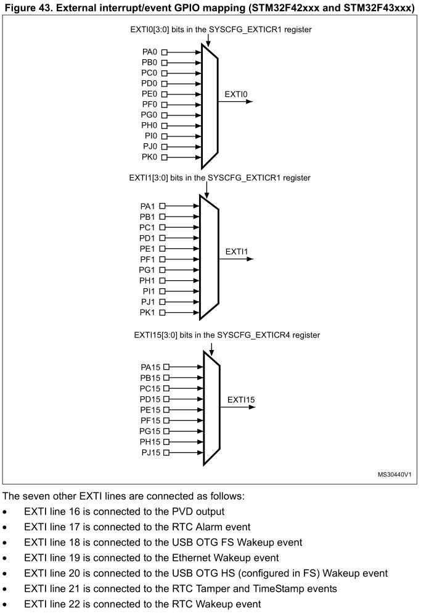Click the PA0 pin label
pyautogui.click(x=150, y=52)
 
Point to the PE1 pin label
pyautogui.click(x=148, y=249)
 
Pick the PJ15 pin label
pyautogui.click(x=150, y=452)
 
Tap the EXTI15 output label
pyautogui.click(x=241, y=400)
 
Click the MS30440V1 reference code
pyautogui.click(x=394, y=475)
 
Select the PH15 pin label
pyautogui.click(x=150, y=442)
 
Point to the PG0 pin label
pyautogui.click(x=150, y=115)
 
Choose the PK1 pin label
pyautogui.click(x=148, y=313)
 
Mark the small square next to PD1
pyautogui.click(x=163, y=238)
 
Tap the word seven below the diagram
pyautogui.click(x=34, y=496)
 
